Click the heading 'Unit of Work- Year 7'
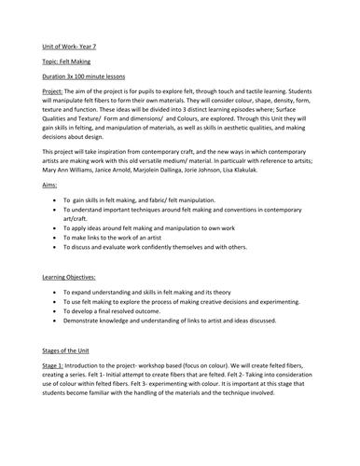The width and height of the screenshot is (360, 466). (x=71, y=44)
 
